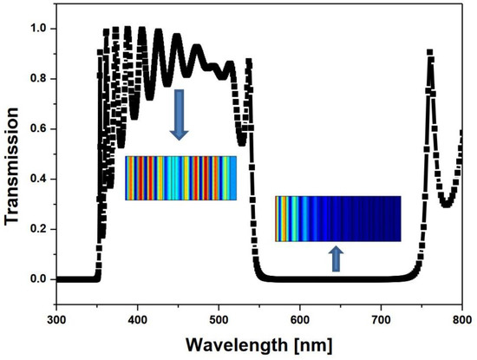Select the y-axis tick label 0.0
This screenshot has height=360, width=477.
coord(38,279)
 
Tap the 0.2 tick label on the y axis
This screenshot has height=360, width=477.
coord(38,229)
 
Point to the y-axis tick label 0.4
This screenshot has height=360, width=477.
coord(38,179)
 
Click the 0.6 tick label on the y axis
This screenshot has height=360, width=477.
coord(38,128)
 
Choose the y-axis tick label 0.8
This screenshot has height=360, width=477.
coord(38,78)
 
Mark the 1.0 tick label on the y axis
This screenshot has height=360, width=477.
coord(38,28)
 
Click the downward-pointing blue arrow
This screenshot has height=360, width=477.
coord(180,114)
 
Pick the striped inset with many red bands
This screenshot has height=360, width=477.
coord(180,178)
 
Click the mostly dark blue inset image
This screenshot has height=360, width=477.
coord(337,219)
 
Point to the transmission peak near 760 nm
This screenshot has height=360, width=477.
coord(429,54)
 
